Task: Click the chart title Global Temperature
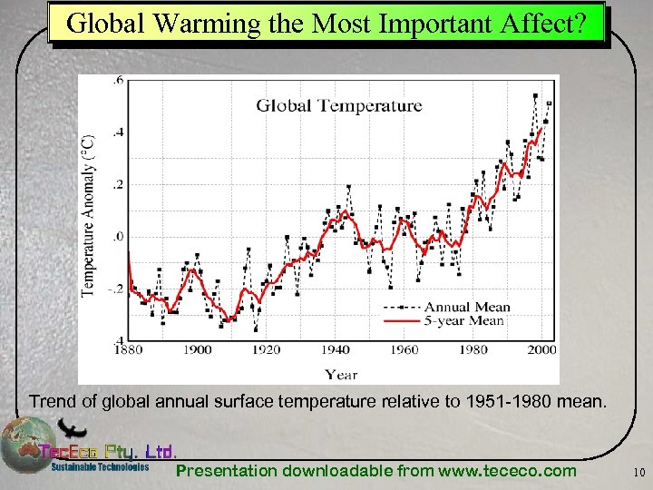(x=338, y=105)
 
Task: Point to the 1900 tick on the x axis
(x=198, y=350)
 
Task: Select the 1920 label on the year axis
(x=266, y=350)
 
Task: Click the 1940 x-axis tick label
(x=335, y=350)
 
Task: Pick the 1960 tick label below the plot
(x=404, y=350)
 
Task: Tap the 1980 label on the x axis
(x=473, y=350)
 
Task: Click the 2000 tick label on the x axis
(x=541, y=350)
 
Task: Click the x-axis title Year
(x=341, y=374)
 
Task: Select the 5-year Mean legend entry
(x=464, y=320)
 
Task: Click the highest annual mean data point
(x=535, y=95)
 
